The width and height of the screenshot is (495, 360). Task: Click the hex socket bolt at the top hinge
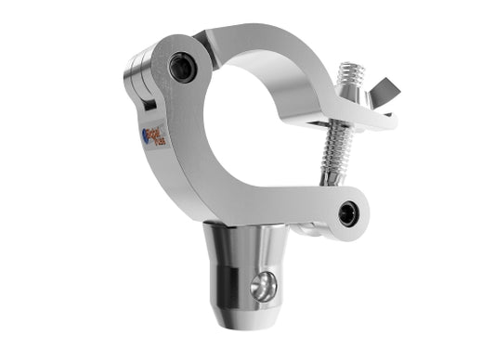coord(181,67)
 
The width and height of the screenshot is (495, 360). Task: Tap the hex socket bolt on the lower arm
coord(348,214)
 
